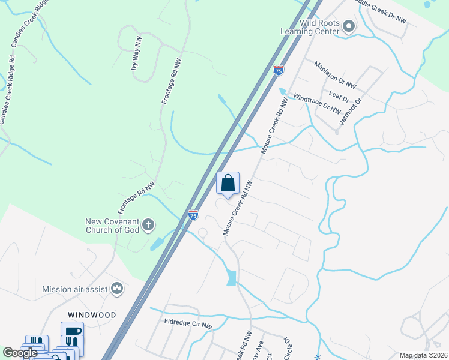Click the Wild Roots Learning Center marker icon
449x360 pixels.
pos(349,26)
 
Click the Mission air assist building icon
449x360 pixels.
pos(117,289)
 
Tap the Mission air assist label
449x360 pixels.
pos(74,289)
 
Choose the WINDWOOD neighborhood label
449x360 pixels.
pos(91,314)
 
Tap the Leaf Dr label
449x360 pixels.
pos(339,94)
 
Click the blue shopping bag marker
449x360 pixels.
pos(228,184)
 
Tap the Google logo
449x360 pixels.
pos(20,353)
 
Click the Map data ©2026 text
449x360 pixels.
pos(424,355)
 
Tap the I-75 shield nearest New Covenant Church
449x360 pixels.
pos(193,214)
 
